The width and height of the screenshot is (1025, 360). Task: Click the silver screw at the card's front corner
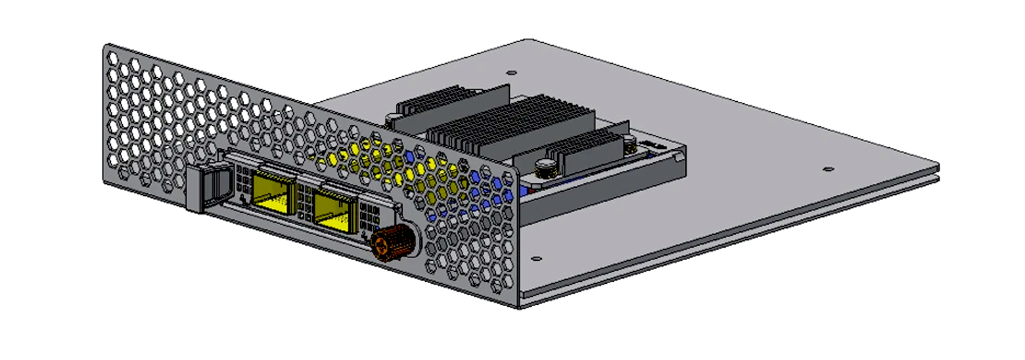(547, 169)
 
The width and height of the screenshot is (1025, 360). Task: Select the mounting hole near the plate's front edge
(536, 259)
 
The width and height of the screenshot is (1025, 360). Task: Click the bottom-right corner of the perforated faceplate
(518, 306)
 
